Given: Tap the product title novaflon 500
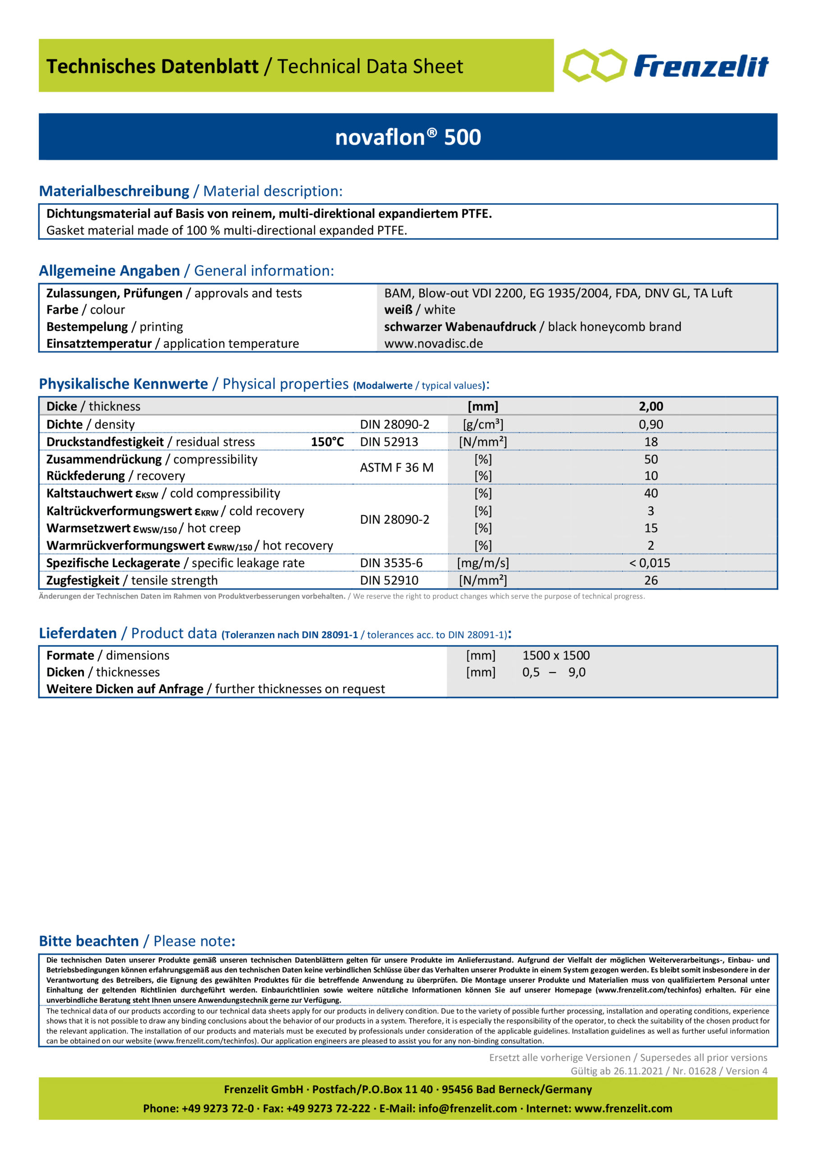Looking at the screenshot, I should click(408, 137).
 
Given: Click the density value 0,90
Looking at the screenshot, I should click(651, 424).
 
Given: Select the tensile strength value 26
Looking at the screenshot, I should click(651, 581).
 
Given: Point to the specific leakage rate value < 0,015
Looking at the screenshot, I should click(649, 563).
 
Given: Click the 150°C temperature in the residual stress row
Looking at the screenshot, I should click(327, 442).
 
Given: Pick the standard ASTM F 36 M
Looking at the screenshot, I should click(396, 467).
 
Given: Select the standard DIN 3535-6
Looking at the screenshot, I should click(391, 563).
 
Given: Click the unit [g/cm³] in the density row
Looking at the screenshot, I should click(483, 424).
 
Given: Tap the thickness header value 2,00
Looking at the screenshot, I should click(651, 406).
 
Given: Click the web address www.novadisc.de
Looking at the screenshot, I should click(433, 344).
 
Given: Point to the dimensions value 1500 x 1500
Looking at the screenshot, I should click(555, 655).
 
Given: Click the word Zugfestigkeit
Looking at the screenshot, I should click(83, 581).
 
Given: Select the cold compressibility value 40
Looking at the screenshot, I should click(651, 493).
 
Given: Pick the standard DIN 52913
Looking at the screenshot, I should click(389, 442).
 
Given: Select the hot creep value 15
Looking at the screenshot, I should click(651, 528).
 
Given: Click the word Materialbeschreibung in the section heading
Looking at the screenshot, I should click(114, 191).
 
